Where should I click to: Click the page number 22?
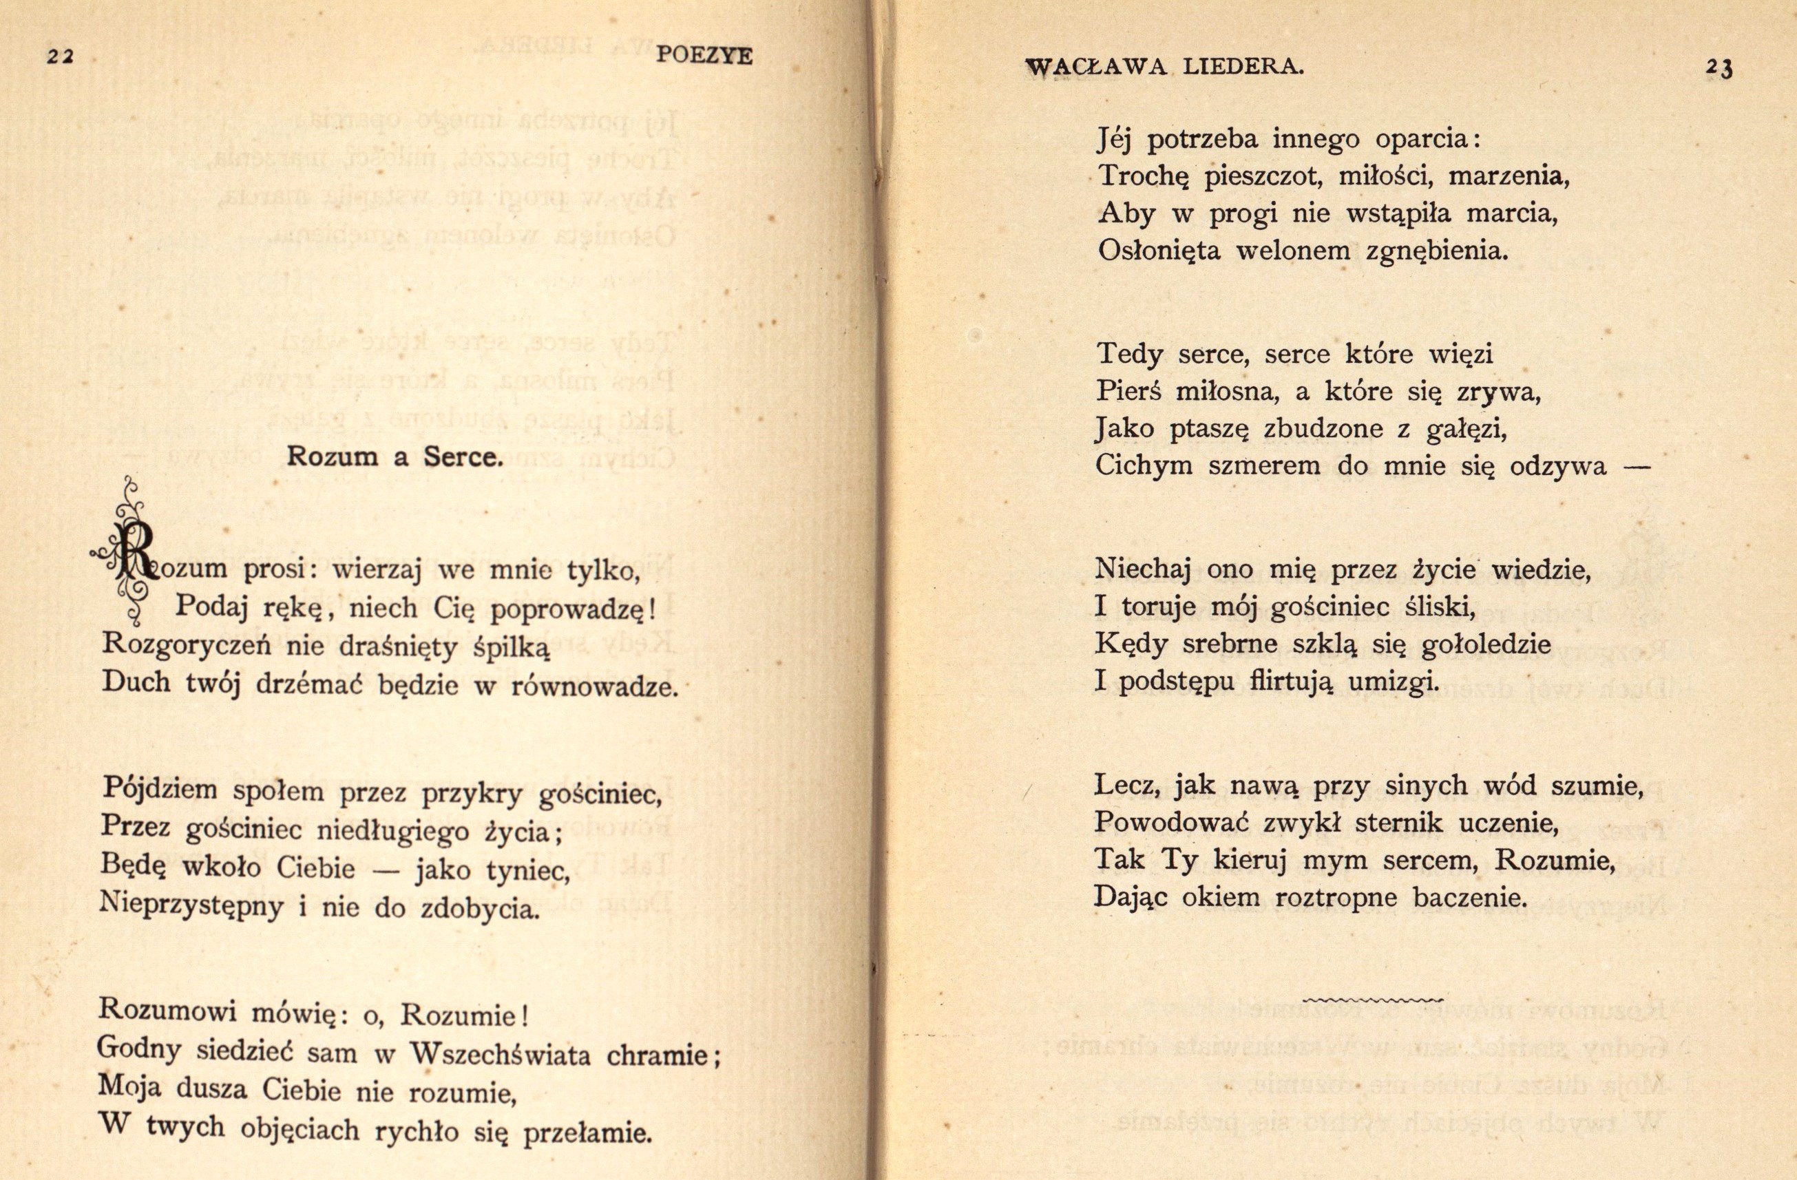point(59,57)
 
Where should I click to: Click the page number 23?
point(1718,69)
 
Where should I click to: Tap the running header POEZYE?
point(704,56)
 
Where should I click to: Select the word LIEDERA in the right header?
point(1243,67)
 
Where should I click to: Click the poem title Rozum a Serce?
point(394,456)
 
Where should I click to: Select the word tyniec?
point(528,871)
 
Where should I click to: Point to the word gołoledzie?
point(1485,645)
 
